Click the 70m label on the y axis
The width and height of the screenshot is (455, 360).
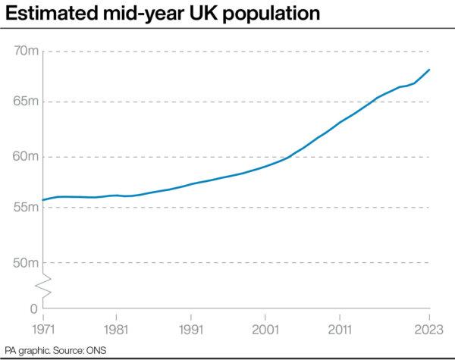[x=27, y=51]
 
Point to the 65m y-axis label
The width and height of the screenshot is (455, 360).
[x=27, y=102]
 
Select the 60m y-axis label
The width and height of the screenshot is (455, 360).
[x=27, y=157]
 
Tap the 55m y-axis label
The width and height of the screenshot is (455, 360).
[x=27, y=208]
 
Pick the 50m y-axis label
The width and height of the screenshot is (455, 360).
[x=27, y=263]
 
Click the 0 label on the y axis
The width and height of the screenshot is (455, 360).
[x=33, y=309]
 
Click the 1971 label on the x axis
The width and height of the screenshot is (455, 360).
[x=43, y=331]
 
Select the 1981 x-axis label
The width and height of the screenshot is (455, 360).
[x=116, y=331]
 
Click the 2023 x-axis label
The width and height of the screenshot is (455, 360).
[x=428, y=331]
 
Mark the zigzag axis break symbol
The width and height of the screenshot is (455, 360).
[x=43, y=286]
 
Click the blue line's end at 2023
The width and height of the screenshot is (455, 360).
[x=430, y=70]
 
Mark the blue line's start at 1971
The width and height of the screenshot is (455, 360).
[x=43, y=200]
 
